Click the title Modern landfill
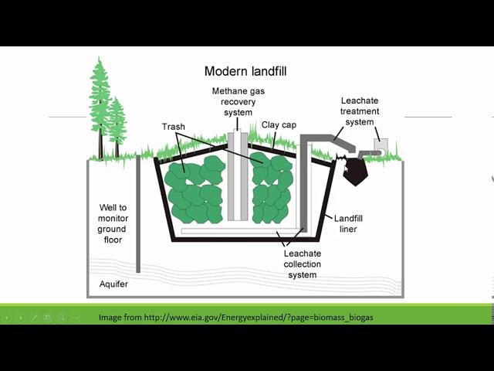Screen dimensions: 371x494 (245, 71)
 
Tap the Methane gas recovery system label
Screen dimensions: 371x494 (232, 102)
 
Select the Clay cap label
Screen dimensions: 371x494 (279, 124)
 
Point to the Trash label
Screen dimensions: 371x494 (174, 127)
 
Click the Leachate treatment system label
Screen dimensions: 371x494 (360, 111)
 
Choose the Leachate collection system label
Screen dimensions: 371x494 (303, 264)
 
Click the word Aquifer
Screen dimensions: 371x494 (113, 284)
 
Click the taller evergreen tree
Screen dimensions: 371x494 (100, 104)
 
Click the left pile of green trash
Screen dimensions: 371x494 (191, 189)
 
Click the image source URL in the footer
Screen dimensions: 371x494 (235, 317)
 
